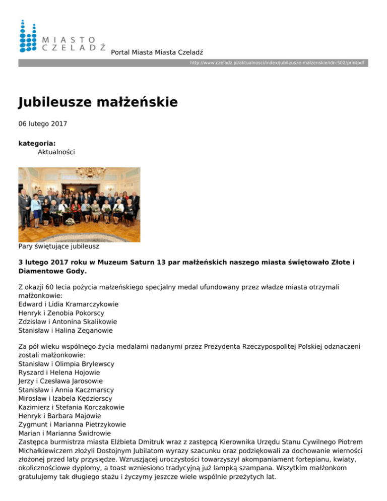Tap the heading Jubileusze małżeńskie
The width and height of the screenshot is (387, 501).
click(98, 102)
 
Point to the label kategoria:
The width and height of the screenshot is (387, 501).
click(37, 143)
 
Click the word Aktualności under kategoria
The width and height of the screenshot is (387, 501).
click(56, 152)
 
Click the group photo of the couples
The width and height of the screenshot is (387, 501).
click(79, 205)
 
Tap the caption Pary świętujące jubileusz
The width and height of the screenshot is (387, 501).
click(58, 247)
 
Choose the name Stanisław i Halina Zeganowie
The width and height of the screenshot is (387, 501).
click(66, 331)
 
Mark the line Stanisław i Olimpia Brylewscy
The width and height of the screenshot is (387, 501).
click(66, 363)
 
